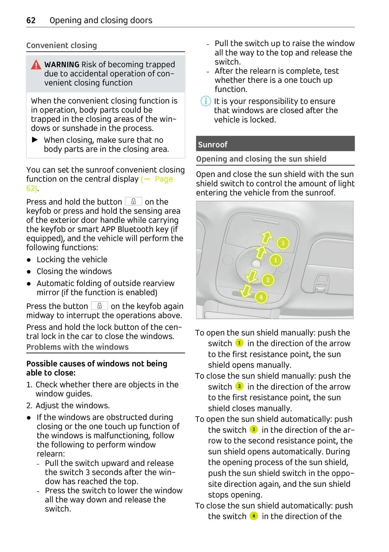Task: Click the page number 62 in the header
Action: pyautogui.click(x=31, y=20)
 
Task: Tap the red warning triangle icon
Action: pyautogui.click(x=36, y=65)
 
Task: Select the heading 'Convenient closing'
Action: pyautogui.click(x=62, y=45)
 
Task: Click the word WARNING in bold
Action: pyautogui.click(x=62, y=65)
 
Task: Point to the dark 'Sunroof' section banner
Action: pyautogui.click(x=275, y=144)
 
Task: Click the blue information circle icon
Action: pyautogui.click(x=206, y=101)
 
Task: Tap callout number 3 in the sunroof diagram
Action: pyautogui.click(x=283, y=243)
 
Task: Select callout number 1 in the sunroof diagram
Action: pyautogui.click(x=276, y=260)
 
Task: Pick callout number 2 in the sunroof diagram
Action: pyautogui.click(x=268, y=280)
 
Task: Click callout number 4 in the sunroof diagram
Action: pyautogui.click(x=261, y=297)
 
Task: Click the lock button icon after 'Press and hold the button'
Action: pyautogui.click(x=133, y=202)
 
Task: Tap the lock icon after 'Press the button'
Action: pyautogui.click(x=100, y=306)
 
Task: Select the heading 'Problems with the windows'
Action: pyautogui.click(x=77, y=347)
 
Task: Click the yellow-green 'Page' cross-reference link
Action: pyautogui.click(x=164, y=179)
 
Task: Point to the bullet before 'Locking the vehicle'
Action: pyautogui.click(x=29, y=260)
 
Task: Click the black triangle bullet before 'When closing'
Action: pyautogui.click(x=35, y=140)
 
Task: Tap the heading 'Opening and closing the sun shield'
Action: pyautogui.click(x=261, y=159)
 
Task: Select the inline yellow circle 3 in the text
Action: pyautogui.click(x=253, y=429)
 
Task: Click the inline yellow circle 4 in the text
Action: pyautogui.click(x=253, y=516)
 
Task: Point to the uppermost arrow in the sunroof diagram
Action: pyautogui.click(x=267, y=237)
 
